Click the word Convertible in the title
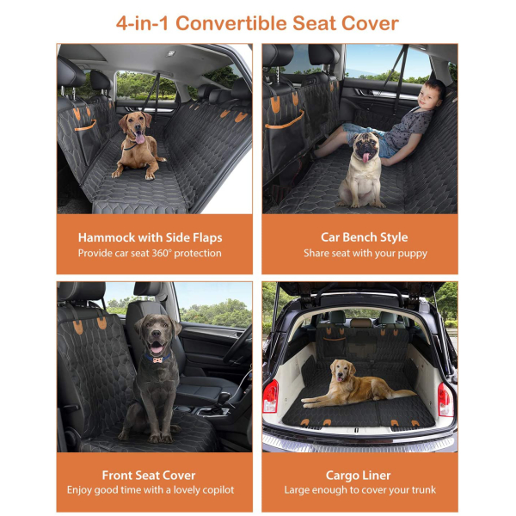coord(231,23)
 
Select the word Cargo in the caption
coord(341,476)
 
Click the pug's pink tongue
coord(365,157)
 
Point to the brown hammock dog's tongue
coord(139,138)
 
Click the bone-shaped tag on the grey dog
coord(157,359)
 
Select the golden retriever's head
coord(342,370)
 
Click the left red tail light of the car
coord(271,396)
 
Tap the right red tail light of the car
coord(445,400)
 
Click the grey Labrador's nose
coord(156,335)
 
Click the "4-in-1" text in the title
coord(142,24)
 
